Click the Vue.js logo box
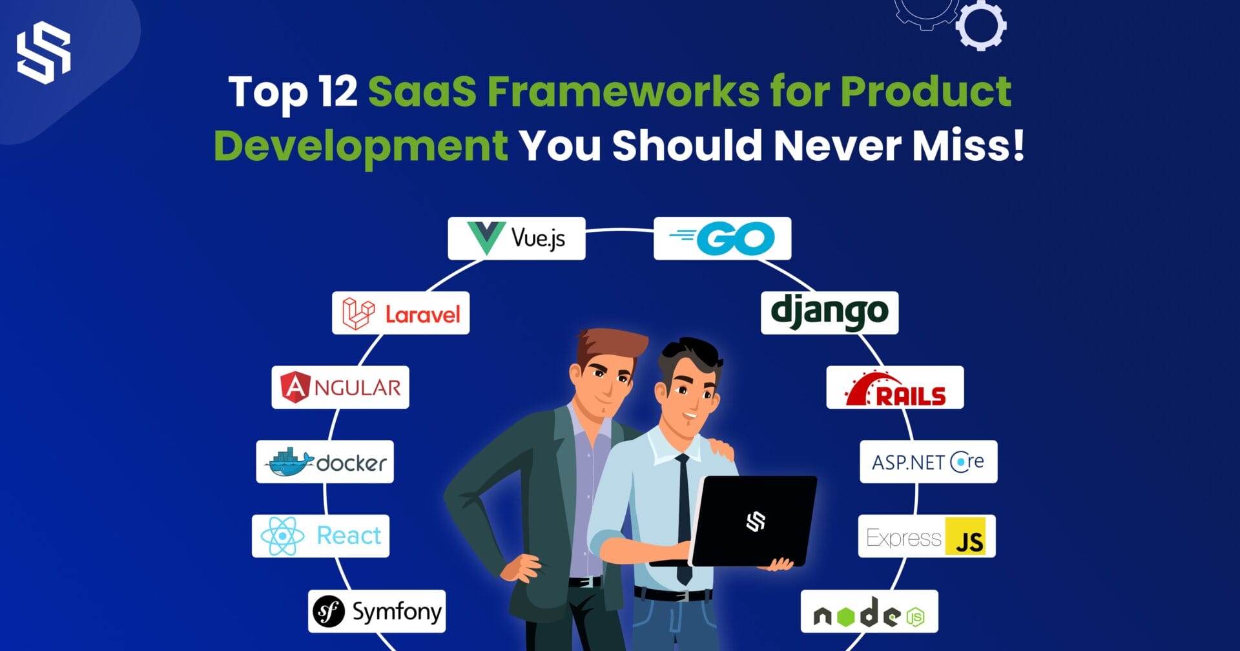(516, 238)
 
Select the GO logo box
(722, 238)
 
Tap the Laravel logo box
(400, 313)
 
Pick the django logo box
(829, 313)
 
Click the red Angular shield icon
(295, 387)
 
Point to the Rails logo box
(894, 387)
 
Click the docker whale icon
(289, 462)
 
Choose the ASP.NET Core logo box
(928, 462)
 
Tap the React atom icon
(282, 536)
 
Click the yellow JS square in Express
(965, 536)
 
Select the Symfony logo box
(377, 611)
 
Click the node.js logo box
(869, 611)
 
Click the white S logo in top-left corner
(43, 53)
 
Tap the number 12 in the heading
(338, 91)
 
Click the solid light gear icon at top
(981, 26)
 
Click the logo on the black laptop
(756, 521)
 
